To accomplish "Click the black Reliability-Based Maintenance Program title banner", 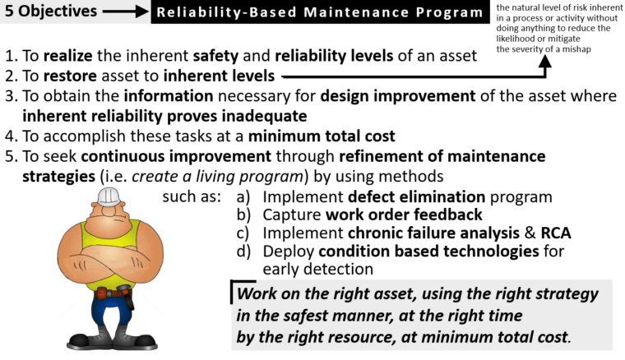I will pyautogui.click(x=320, y=12).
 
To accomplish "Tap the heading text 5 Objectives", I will pyautogui.click(x=51, y=12).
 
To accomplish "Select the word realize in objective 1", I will pyautogui.click(x=70, y=56).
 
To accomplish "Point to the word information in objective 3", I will pyautogui.click(x=143, y=96).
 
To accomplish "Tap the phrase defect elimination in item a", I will pyautogui.click(x=405, y=196).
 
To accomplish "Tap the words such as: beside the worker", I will pyautogui.click(x=191, y=197).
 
